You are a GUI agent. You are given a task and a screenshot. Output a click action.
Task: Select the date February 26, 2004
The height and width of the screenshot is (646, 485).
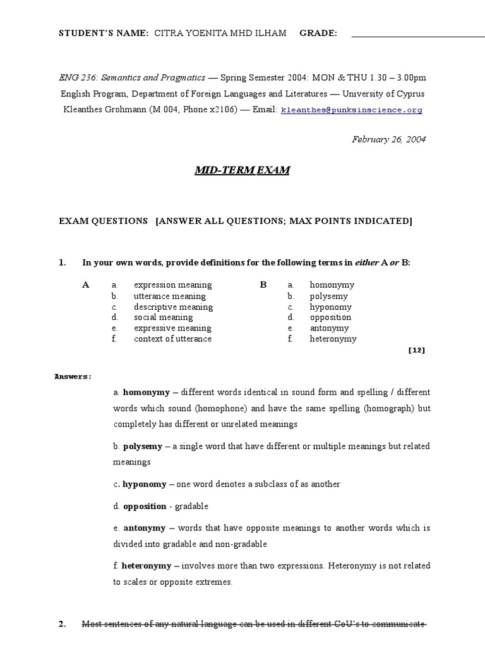point(388,139)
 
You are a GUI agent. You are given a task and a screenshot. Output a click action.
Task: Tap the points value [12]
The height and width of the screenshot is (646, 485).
point(417,351)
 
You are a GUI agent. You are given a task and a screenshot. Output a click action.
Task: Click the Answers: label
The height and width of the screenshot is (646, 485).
point(73,377)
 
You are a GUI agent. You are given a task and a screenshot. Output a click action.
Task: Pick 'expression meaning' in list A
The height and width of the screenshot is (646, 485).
point(173,285)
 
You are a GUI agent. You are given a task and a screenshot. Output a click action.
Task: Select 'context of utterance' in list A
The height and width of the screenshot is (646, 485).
point(173,339)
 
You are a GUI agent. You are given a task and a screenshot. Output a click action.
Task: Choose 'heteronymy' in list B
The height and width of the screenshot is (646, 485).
point(333,339)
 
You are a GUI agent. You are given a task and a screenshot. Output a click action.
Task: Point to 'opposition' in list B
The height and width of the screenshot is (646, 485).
point(330,317)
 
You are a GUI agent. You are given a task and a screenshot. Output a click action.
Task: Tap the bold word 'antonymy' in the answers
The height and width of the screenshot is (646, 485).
point(145,527)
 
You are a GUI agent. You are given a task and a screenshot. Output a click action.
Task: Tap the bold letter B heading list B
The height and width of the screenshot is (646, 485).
point(263,285)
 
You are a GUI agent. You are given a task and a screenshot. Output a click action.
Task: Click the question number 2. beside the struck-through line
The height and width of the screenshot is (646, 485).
point(63,624)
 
